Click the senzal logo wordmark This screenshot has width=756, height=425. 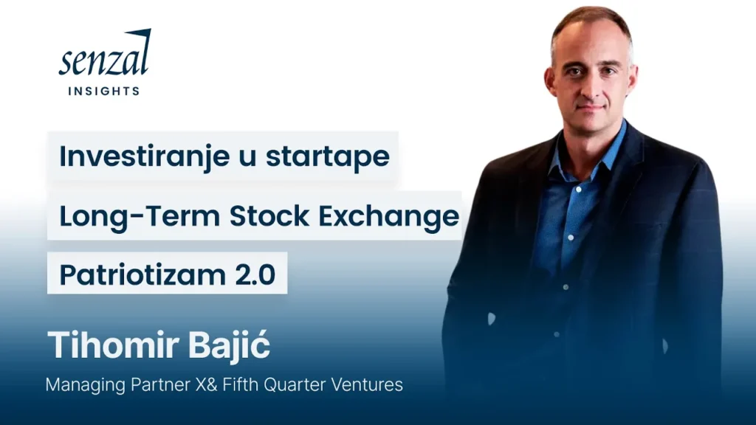(105, 53)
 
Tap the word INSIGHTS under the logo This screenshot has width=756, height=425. (104, 91)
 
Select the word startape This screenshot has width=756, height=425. (327, 157)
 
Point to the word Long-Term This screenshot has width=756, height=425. (140, 215)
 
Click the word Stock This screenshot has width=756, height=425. (269, 215)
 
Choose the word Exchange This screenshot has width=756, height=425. (388, 216)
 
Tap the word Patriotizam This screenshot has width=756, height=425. (142, 274)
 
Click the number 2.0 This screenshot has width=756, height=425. (255, 275)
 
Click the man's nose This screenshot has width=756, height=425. (591, 87)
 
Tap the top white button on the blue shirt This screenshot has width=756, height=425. (578, 190)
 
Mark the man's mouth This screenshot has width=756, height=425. (591, 108)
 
